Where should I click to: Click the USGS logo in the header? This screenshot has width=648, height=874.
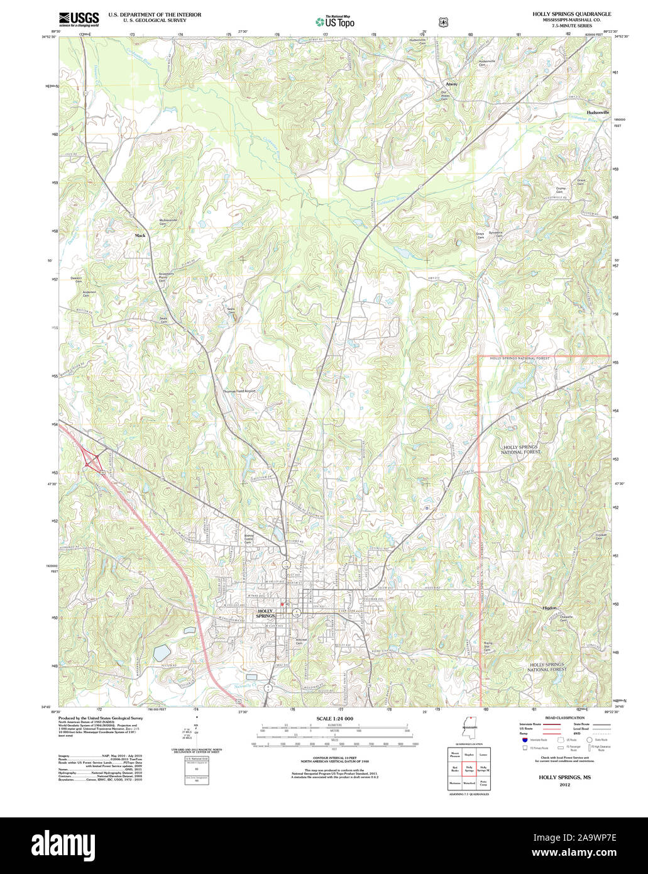click(x=78, y=19)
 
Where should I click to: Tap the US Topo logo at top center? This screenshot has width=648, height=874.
click(x=335, y=21)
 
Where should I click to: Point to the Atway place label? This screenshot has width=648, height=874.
click(x=451, y=84)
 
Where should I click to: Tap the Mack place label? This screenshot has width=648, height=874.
click(x=140, y=235)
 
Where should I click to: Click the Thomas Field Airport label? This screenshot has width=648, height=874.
click(x=239, y=391)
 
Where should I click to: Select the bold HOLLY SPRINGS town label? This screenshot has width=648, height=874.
click(x=266, y=613)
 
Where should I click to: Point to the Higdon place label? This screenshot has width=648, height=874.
click(x=549, y=608)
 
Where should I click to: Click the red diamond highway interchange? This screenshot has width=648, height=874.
click(x=92, y=459)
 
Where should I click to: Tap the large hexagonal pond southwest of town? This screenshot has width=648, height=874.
click(x=162, y=653)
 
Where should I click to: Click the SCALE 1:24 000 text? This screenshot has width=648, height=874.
click(x=334, y=718)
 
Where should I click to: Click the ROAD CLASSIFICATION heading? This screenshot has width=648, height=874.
click(x=564, y=717)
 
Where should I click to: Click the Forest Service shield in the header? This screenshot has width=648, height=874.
click(x=444, y=21)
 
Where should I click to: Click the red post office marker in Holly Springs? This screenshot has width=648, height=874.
click(x=283, y=604)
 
